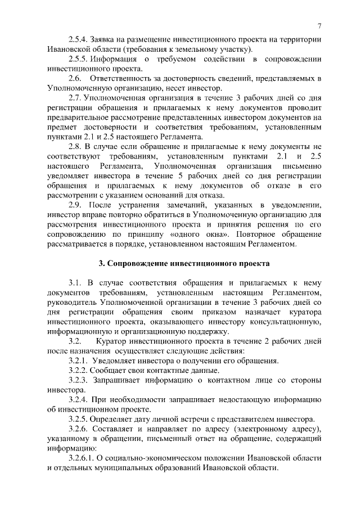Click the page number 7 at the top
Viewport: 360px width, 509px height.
click(x=319, y=26)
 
